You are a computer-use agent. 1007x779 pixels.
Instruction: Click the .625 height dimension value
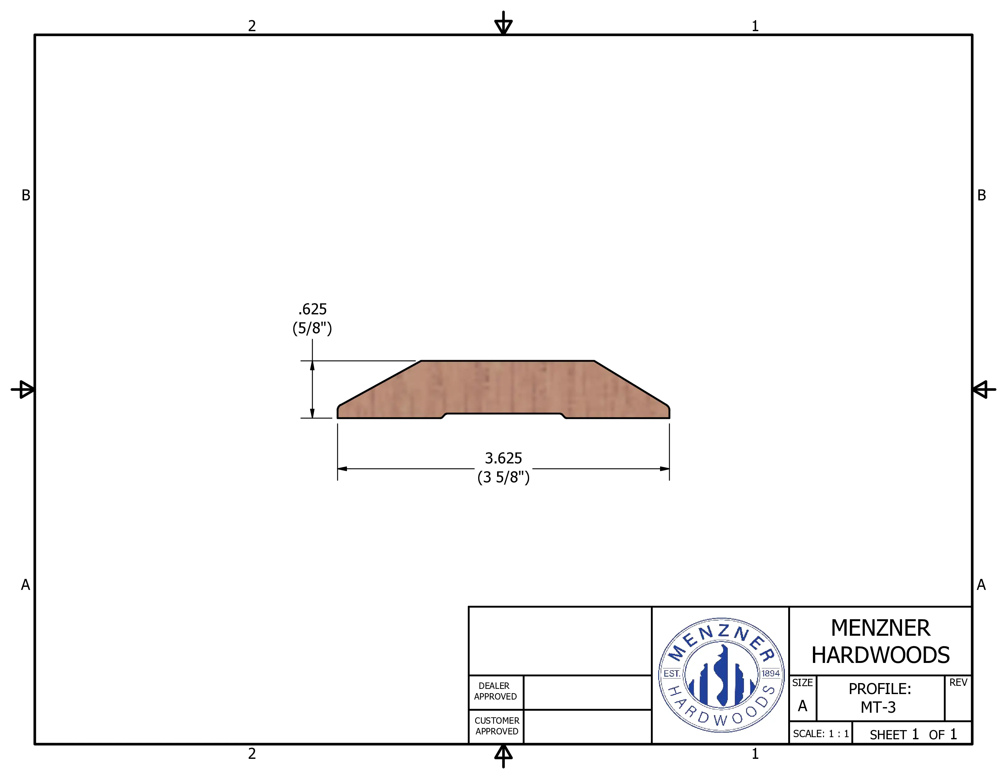(x=312, y=309)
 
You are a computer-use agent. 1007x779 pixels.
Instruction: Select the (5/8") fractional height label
(x=312, y=328)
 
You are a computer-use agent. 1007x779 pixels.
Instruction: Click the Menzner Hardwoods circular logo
(x=721, y=675)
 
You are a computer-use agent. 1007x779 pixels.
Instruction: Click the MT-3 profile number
(x=878, y=707)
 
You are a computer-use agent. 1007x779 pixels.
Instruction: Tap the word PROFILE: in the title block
(x=880, y=689)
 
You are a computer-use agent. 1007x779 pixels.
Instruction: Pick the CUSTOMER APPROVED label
(x=496, y=726)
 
